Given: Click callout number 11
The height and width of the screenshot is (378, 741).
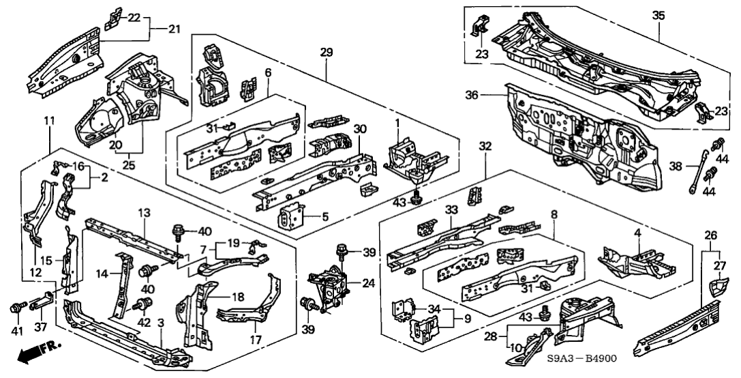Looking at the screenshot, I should [x=49, y=121].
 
